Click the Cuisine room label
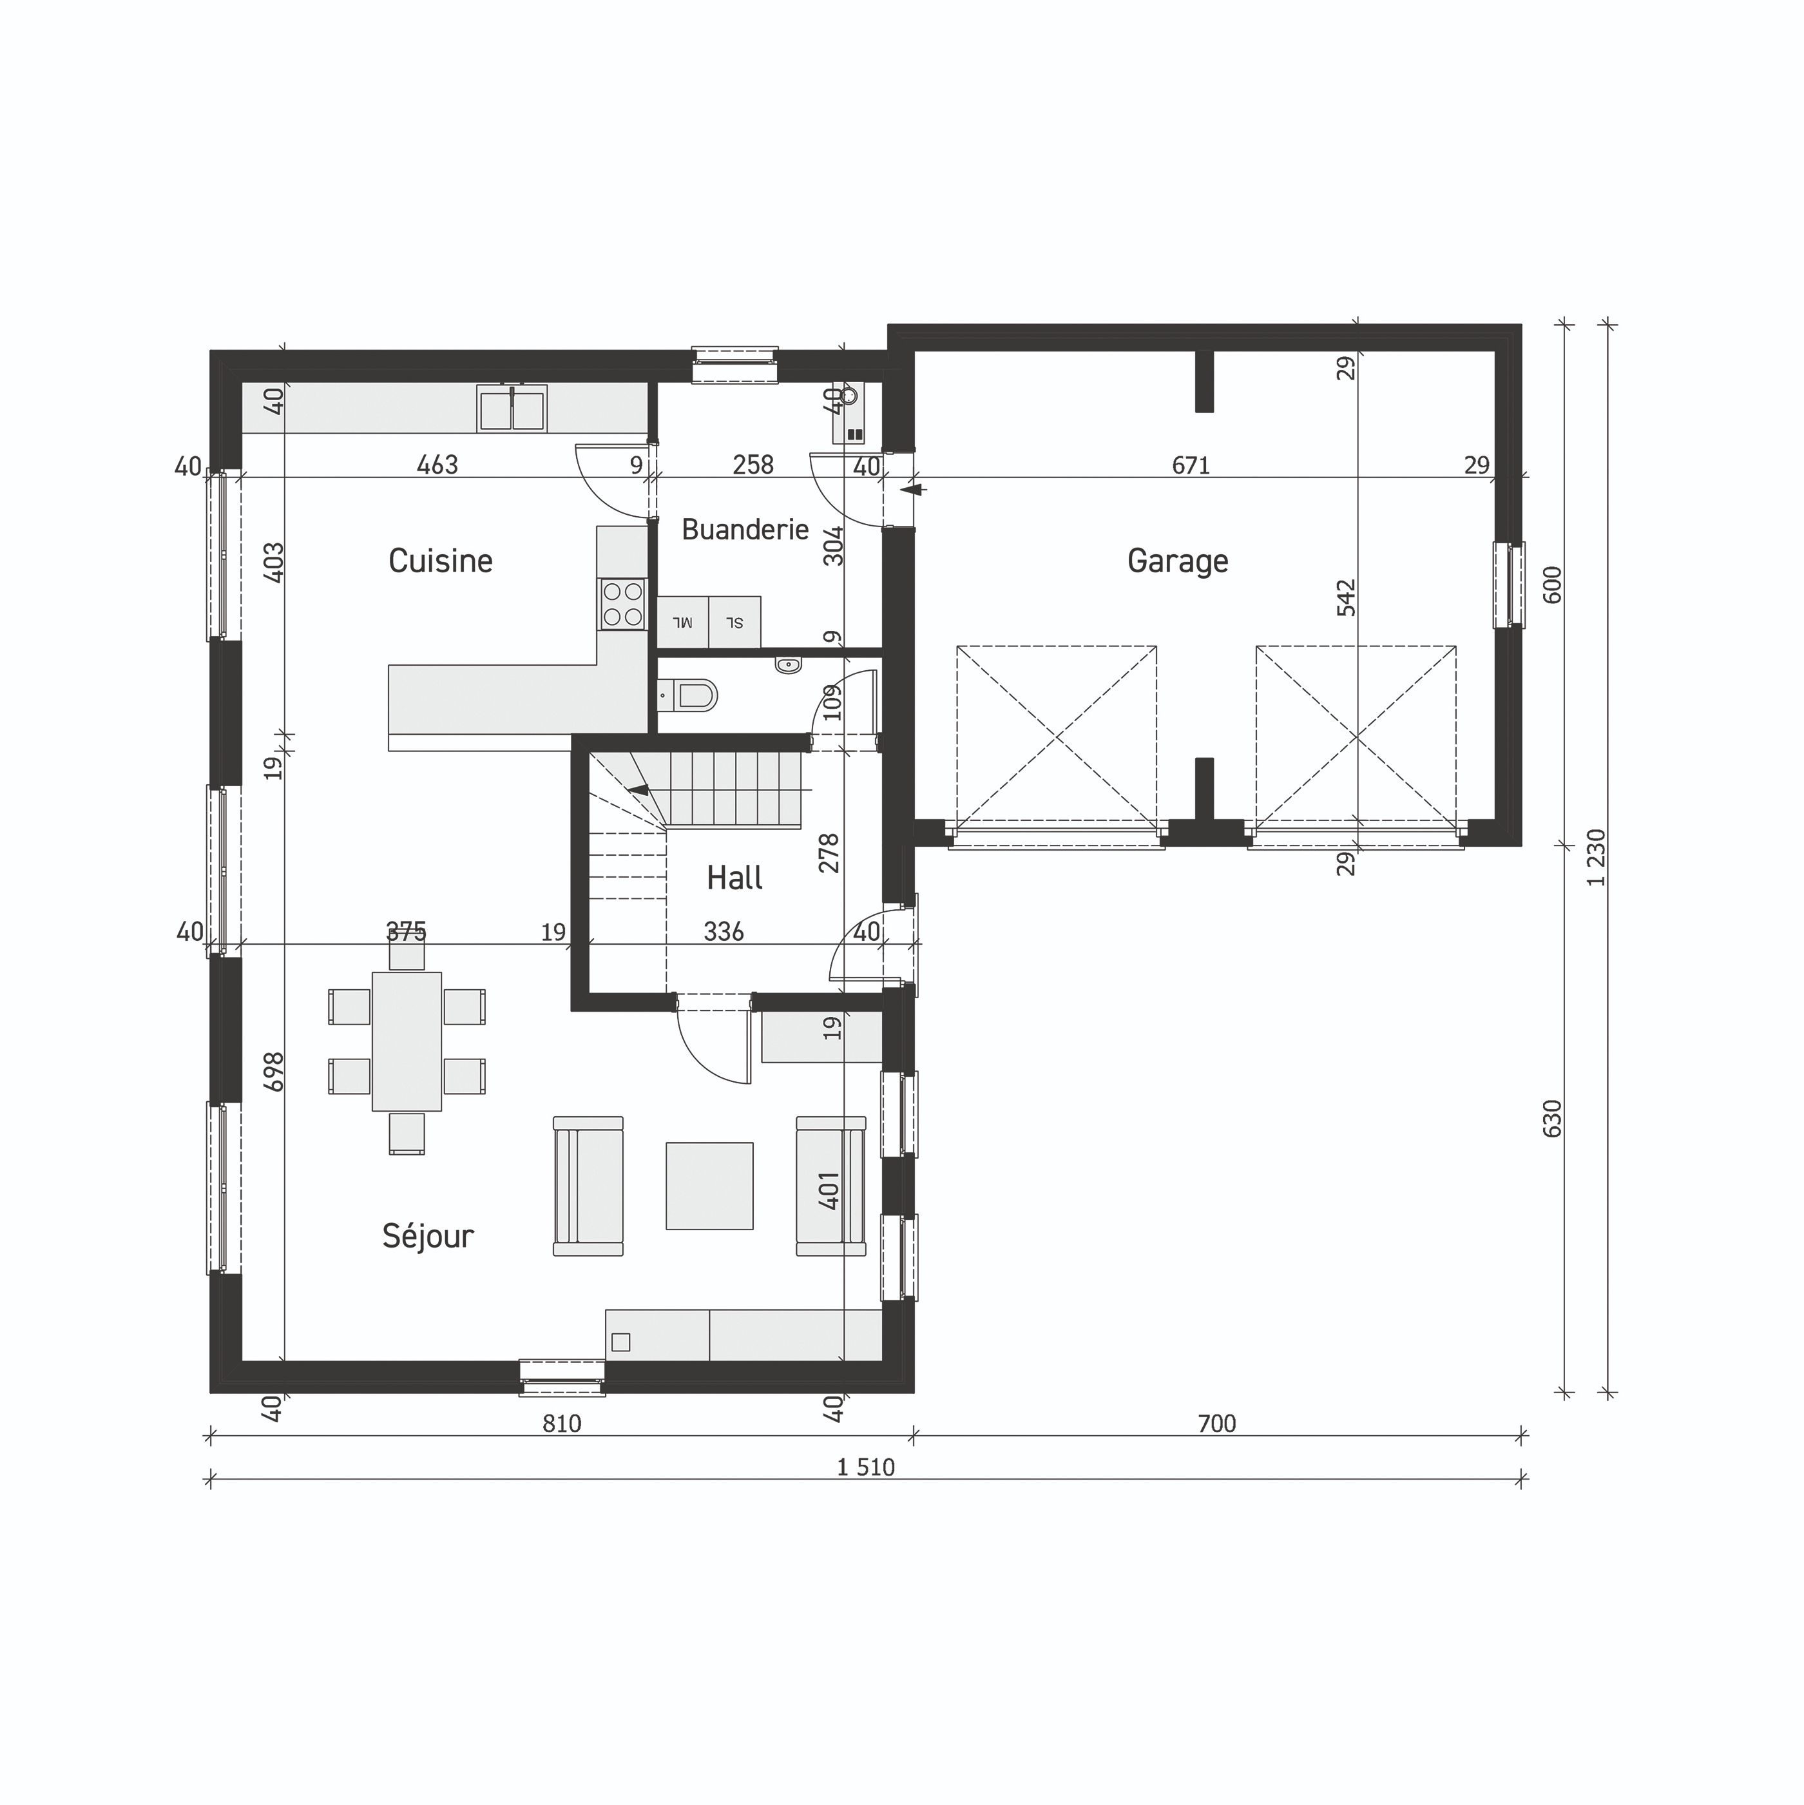[440, 561]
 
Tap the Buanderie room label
[745, 530]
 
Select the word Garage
[1177, 561]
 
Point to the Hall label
[734, 877]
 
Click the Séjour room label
[428, 1236]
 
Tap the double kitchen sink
[512, 409]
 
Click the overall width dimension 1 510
[865, 1467]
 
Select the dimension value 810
[561, 1423]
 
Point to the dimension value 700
[1216, 1423]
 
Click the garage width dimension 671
[1190, 465]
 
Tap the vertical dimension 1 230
[1597, 856]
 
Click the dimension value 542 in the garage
[1345, 598]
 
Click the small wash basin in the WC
[787, 665]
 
